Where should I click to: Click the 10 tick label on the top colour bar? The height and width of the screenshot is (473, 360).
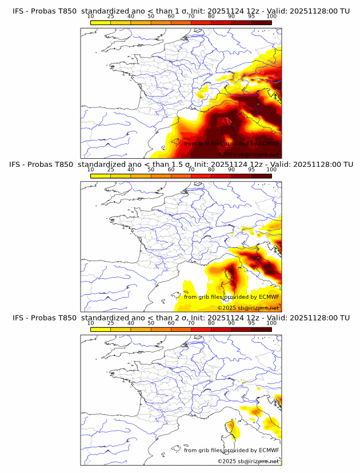pyautogui.click(x=90, y=16)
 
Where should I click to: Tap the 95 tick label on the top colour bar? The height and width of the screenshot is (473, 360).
pyautogui.click(x=251, y=16)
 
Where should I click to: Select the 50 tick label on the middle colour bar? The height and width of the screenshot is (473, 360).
pyautogui.click(x=151, y=169)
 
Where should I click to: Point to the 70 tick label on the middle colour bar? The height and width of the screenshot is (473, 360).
pyautogui.click(x=191, y=169)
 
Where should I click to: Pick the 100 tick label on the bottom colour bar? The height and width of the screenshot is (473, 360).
pyautogui.click(x=271, y=323)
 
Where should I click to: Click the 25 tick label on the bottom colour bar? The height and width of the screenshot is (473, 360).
pyautogui.click(x=111, y=323)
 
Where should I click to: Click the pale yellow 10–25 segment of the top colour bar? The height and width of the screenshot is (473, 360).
pyautogui.click(x=101, y=22)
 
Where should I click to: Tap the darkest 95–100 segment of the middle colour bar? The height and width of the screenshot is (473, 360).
pyautogui.click(x=261, y=175)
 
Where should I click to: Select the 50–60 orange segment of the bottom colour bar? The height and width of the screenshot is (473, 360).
pyautogui.click(x=161, y=329)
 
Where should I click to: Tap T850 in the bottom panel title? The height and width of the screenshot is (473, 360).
pyautogui.click(x=66, y=317)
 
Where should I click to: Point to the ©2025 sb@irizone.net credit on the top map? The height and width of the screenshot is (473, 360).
pyautogui.click(x=248, y=154)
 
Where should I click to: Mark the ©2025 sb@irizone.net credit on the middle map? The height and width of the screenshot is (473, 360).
pyautogui.click(x=248, y=307)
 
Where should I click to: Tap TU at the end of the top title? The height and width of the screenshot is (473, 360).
pyautogui.click(x=345, y=11)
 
